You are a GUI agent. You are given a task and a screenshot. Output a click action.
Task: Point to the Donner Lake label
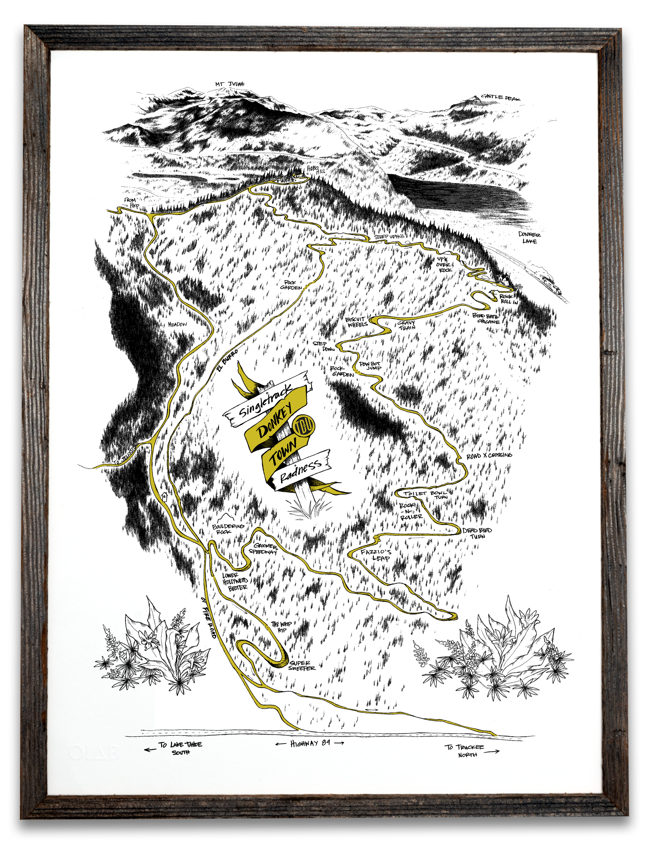click(x=529, y=238)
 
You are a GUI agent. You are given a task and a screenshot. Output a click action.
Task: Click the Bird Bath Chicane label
click(x=486, y=318)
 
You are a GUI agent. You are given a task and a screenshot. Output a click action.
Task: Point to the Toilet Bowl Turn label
click(x=426, y=495)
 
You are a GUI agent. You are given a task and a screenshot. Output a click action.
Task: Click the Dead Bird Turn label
click(x=477, y=533)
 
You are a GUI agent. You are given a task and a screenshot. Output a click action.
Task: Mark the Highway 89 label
click(x=310, y=744)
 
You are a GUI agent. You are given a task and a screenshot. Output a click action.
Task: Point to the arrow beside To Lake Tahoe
click(x=150, y=749)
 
